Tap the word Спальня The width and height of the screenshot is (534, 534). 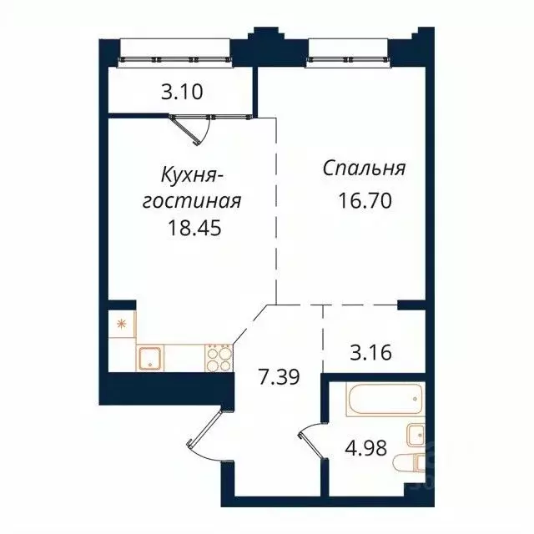coord(365,169)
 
